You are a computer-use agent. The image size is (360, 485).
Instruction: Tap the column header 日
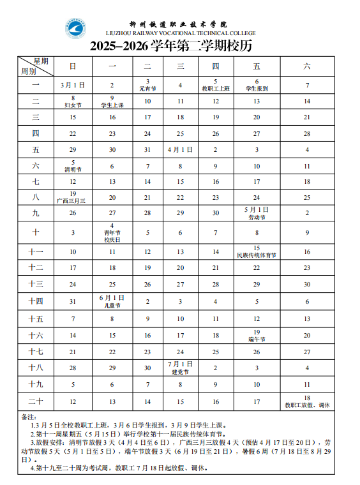click(73, 66)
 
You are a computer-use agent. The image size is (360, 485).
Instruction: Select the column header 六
click(307, 66)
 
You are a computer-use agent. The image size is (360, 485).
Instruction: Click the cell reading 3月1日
click(73, 85)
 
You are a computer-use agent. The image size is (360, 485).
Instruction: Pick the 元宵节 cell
click(147, 85)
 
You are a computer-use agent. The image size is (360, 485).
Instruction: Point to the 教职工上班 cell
click(216, 85)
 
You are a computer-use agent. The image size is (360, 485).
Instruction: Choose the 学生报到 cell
click(257, 85)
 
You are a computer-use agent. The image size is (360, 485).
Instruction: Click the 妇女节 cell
click(73, 101)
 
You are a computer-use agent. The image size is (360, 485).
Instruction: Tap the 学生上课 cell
click(112, 101)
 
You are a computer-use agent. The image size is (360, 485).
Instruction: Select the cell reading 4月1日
click(180, 150)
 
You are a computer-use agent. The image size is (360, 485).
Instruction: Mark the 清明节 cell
click(73, 166)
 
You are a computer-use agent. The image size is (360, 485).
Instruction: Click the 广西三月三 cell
click(73, 197)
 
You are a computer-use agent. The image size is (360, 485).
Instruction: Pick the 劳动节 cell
click(257, 213)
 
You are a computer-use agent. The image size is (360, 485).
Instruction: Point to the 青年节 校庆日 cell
click(112, 232)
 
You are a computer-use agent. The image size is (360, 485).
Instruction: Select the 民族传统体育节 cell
click(257, 251)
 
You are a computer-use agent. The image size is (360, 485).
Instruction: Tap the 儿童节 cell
click(112, 301)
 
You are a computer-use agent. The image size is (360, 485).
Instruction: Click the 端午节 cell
click(257, 335)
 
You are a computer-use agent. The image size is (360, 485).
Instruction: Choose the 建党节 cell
click(180, 368)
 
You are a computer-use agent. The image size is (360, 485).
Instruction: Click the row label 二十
click(36, 401)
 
